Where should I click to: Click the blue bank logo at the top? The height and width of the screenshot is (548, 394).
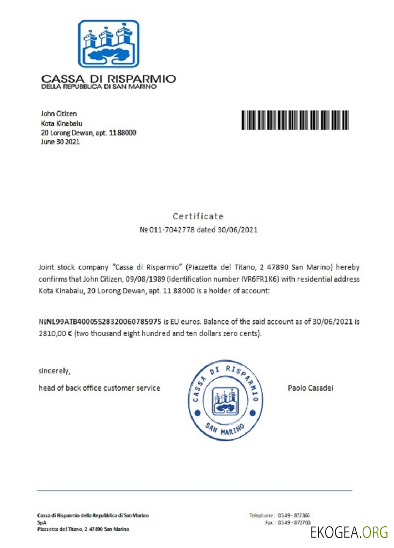tap(108, 43)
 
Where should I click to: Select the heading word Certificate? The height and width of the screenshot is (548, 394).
tap(198, 216)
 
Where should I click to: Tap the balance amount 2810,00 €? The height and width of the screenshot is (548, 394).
tap(55, 333)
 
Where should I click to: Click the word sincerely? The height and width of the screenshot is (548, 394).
tap(55, 370)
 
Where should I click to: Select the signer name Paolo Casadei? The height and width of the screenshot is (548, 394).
tap(310, 388)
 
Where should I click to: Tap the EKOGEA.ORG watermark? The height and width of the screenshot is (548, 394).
tap(349, 532)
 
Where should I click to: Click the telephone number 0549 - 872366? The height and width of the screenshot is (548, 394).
tap(295, 516)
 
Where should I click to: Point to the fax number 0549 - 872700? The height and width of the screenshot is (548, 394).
tap(295, 523)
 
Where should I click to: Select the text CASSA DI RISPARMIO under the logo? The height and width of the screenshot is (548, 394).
tap(108, 79)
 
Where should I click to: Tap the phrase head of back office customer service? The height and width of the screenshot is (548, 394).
tap(99, 388)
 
